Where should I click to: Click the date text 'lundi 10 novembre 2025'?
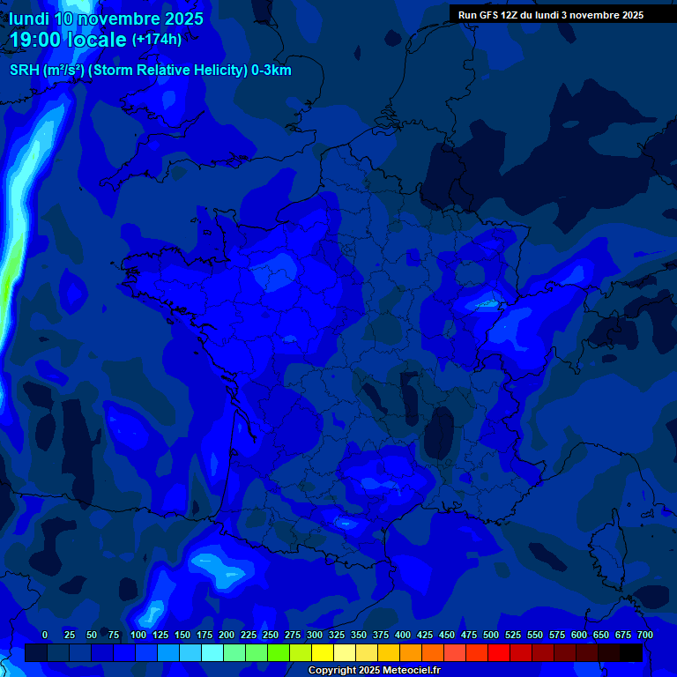(x=105, y=18)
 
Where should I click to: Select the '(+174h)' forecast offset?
(x=156, y=39)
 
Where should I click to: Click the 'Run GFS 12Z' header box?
(x=550, y=15)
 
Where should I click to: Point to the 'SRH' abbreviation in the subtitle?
(x=25, y=71)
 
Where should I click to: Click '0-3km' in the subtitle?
(x=271, y=71)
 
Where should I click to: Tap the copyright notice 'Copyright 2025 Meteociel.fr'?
(x=374, y=671)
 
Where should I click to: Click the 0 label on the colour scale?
(x=45, y=635)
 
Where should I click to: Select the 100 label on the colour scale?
(x=138, y=635)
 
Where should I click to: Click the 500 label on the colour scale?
(x=491, y=635)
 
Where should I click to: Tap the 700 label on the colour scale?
(x=644, y=635)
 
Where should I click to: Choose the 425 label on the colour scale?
(x=425, y=635)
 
